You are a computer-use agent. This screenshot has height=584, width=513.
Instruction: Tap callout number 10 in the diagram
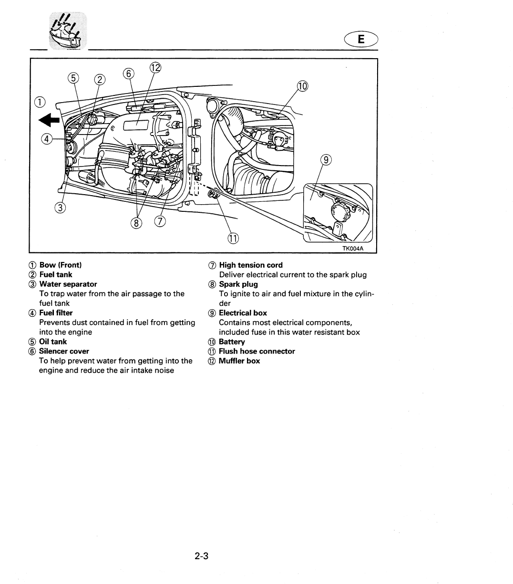click(303, 86)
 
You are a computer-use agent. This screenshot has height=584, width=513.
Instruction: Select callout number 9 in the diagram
click(326, 160)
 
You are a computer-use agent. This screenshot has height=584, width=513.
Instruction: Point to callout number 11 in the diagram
click(233, 238)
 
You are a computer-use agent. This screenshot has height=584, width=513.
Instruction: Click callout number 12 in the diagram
click(155, 68)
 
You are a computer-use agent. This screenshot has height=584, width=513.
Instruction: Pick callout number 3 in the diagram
click(60, 208)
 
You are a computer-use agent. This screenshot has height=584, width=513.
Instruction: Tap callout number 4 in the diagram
click(47, 139)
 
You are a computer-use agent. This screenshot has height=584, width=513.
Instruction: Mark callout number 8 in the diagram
click(138, 222)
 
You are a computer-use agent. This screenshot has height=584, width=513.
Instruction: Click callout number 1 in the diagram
click(40, 102)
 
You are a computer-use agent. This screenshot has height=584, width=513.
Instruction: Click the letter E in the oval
click(361, 40)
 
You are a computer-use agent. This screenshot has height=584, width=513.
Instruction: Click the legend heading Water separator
click(68, 284)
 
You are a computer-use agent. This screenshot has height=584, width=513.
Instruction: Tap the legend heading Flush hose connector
click(256, 351)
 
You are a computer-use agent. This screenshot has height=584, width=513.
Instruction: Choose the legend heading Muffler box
click(239, 361)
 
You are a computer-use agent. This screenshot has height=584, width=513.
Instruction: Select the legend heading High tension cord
click(251, 265)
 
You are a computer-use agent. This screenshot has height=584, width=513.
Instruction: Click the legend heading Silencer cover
click(64, 351)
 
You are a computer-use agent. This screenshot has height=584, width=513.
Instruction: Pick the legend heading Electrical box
click(243, 313)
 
